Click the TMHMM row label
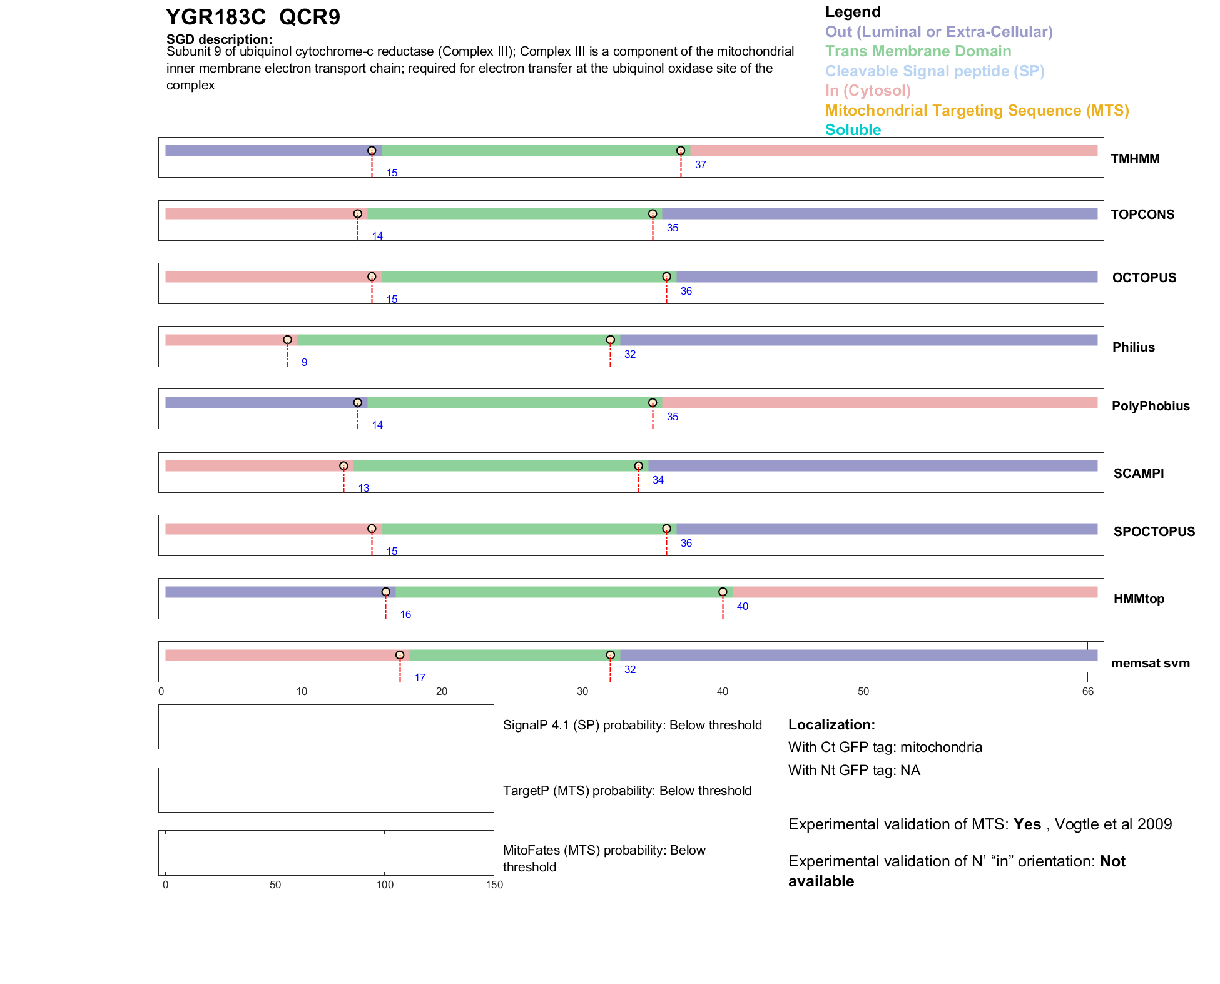tap(1134, 159)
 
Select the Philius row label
tap(1133, 347)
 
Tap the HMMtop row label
tap(1139, 599)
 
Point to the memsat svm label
tap(1150, 663)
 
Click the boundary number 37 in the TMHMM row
tap(700, 165)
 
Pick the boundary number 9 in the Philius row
tap(304, 363)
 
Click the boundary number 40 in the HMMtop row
tap(742, 607)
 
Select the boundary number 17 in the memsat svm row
tap(419, 677)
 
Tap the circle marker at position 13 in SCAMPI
tap(343, 466)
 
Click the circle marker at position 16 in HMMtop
tap(385, 592)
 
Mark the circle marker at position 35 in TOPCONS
tap(653, 214)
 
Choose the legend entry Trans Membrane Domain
tap(918, 51)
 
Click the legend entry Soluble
tap(853, 130)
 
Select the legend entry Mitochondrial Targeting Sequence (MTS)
tap(977, 111)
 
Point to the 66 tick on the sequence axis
tap(1087, 691)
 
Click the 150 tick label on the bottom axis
tap(494, 885)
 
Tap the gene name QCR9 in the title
tap(309, 18)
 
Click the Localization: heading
tap(831, 724)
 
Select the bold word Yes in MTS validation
tap(1027, 824)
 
